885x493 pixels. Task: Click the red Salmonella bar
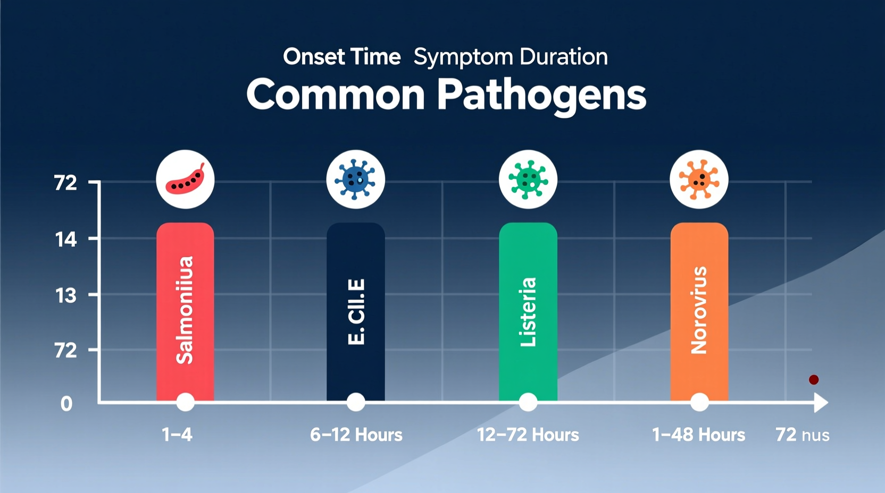185,311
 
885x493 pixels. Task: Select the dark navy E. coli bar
355,311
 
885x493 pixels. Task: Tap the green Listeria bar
528,311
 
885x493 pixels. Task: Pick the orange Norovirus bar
699,311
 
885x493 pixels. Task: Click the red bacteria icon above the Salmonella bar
185,179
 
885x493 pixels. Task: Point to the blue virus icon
355,179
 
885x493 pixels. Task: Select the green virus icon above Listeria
528,179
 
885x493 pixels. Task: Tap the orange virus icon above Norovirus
699,179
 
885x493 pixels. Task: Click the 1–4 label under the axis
177,435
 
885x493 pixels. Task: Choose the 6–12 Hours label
356,435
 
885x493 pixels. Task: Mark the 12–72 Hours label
528,435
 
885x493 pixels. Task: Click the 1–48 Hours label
698,435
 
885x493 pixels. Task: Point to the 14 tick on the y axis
66,240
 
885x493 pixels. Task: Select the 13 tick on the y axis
66,295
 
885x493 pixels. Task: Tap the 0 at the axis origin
66,404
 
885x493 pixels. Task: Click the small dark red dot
814,379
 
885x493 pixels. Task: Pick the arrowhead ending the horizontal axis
821,403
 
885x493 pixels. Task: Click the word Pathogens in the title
541,95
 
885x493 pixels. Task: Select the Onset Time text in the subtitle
341,57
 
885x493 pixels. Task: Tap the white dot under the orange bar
699,402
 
